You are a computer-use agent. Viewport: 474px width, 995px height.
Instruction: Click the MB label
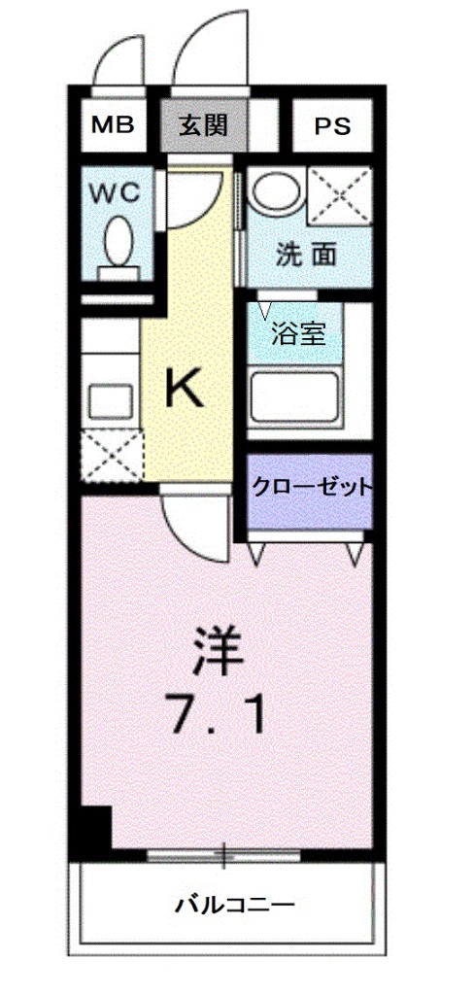tap(112, 124)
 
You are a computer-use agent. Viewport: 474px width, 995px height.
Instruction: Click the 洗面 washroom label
tap(305, 255)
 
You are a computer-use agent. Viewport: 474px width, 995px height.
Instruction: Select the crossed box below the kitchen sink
tap(111, 456)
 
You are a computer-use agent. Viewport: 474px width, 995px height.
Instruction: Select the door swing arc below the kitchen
tap(193, 530)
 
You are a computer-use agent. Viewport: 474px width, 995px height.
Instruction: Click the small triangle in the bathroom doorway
tap(265, 311)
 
